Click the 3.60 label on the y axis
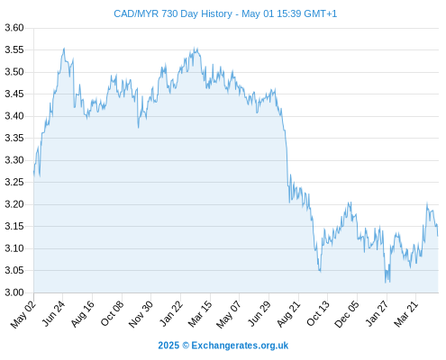tap(14, 28)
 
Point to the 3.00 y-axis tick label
tap(14, 292)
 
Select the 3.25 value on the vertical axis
tap(14, 182)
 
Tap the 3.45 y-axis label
tap(14, 94)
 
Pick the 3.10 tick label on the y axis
tap(14, 248)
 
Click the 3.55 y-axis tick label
tap(14, 49)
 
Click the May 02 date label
tap(23, 314)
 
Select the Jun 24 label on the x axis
tap(52, 313)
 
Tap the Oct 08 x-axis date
tap(112, 313)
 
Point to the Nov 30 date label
tap(141, 314)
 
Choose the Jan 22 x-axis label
tap(170, 313)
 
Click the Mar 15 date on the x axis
tap(200, 313)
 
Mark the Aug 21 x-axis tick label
tap(288, 313)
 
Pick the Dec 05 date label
tap(347, 314)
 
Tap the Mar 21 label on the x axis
tap(406, 313)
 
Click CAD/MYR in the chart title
tap(136, 13)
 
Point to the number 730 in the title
tap(169, 13)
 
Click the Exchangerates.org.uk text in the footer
tap(240, 346)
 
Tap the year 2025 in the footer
tap(168, 346)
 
